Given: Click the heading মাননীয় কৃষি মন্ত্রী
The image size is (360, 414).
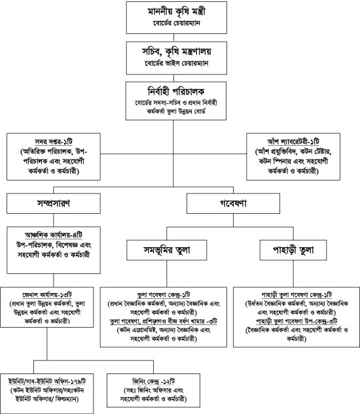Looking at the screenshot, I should tap(179, 12).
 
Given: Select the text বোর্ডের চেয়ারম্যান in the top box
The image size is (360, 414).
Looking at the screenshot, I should tap(179, 24).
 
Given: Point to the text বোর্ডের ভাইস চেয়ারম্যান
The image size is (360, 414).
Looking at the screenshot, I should tap(179, 63).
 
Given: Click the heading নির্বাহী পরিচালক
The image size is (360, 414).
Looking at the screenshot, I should tap(179, 90).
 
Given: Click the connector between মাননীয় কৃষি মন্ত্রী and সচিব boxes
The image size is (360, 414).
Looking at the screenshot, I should tap(179, 38).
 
